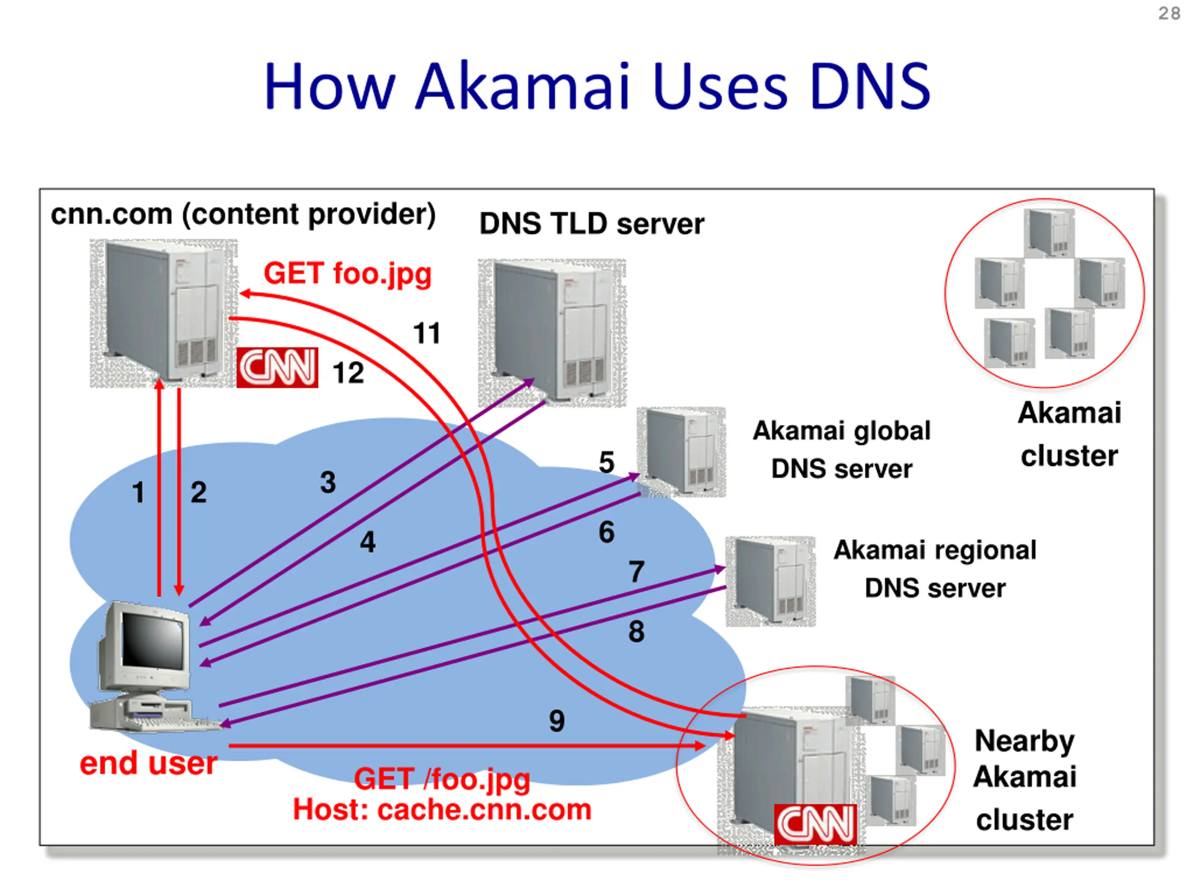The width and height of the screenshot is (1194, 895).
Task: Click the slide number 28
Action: click(1169, 13)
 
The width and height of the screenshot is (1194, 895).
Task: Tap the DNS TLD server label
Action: click(591, 224)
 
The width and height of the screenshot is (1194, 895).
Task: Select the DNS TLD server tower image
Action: click(552, 332)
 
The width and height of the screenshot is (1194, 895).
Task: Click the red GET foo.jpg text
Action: click(347, 274)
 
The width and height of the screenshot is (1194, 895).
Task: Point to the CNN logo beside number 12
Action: click(278, 367)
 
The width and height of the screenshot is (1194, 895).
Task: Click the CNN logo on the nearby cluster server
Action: click(815, 824)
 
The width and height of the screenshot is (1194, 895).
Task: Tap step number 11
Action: click(426, 333)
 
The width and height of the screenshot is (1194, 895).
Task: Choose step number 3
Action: click(327, 482)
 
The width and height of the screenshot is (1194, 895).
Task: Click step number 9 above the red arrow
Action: click(556, 721)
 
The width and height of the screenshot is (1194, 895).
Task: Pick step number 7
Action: click(636, 572)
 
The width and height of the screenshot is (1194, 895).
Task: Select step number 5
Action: click(606, 462)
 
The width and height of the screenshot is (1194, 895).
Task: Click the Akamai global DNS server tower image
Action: click(681, 452)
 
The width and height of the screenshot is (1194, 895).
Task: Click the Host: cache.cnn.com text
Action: click(442, 810)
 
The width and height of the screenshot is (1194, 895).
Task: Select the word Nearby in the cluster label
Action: click(1024, 741)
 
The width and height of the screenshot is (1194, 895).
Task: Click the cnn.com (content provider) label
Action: click(243, 214)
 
